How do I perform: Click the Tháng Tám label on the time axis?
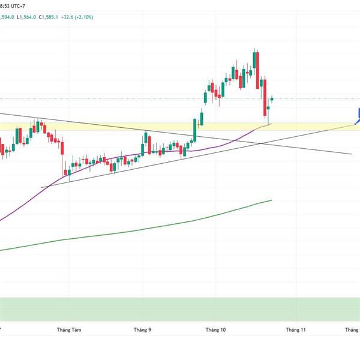[x=68, y=329]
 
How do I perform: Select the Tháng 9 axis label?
[x=143, y=329]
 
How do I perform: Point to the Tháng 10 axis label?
[x=215, y=329]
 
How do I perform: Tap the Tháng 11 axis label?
[x=295, y=329]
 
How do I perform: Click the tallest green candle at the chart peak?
[x=256, y=61]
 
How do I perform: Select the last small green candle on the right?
[x=272, y=98]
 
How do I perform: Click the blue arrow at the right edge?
[x=358, y=115]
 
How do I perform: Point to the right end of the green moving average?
[x=272, y=200]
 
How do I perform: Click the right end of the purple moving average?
[x=271, y=124]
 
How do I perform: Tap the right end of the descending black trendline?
[x=352, y=154]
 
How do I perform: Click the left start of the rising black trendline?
[x=41, y=188]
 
